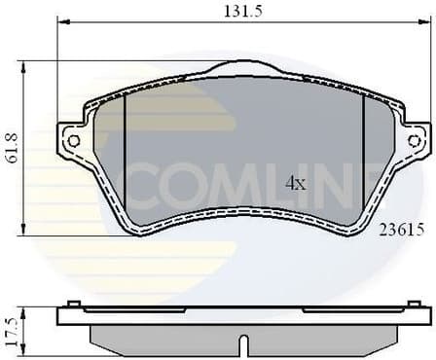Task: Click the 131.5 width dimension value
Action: tap(240, 12)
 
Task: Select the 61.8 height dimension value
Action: tap(12, 147)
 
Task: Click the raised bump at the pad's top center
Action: tap(243, 66)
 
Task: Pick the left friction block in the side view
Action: tap(165, 336)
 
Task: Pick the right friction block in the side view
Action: tap(321, 336)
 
